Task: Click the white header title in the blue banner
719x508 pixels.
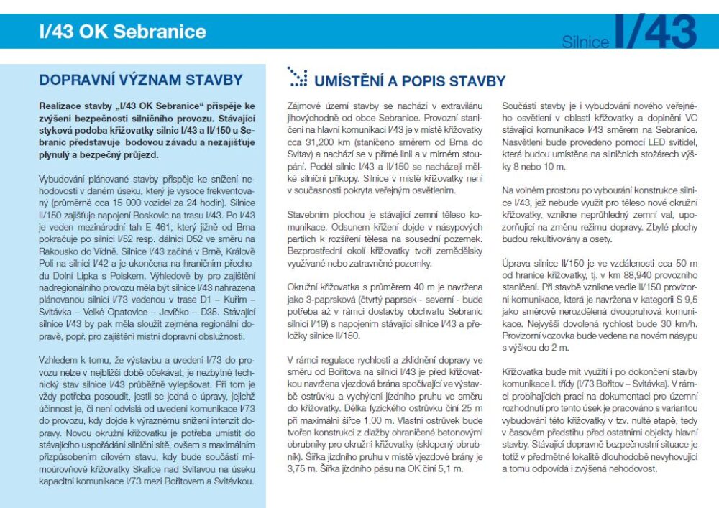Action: pyautogui.click(x=123, y=32)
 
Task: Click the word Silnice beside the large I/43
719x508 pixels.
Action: pyautogui.click(x=585, y=42)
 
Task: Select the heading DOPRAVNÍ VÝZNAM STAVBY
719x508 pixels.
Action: pyautogui.click(x=141, y=80)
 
